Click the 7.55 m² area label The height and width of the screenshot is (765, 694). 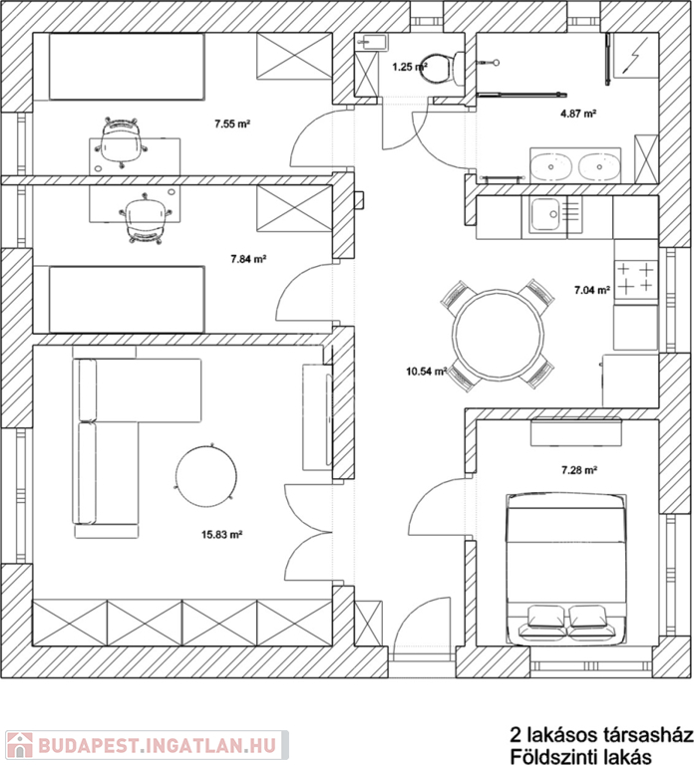tap(232, 124)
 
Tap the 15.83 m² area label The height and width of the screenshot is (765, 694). tap(222, 535)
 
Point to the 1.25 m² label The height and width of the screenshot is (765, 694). tap(410, 67)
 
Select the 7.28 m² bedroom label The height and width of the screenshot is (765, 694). tap(579, 470)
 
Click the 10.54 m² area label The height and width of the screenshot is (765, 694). tap(427, 372)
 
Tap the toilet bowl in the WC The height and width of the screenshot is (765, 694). tap(436, 69)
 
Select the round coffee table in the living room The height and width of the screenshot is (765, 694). tap(206, 477)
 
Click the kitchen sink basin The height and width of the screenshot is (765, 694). tap(545, 214)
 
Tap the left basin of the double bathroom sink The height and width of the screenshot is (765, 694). tap(550, 167)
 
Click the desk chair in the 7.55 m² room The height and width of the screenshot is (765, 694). tap(121, 143)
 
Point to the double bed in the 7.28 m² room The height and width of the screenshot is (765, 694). tap(566, 569)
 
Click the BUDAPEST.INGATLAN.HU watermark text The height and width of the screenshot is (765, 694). tap(157, 745)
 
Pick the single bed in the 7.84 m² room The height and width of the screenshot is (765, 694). tap(127, 300)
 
